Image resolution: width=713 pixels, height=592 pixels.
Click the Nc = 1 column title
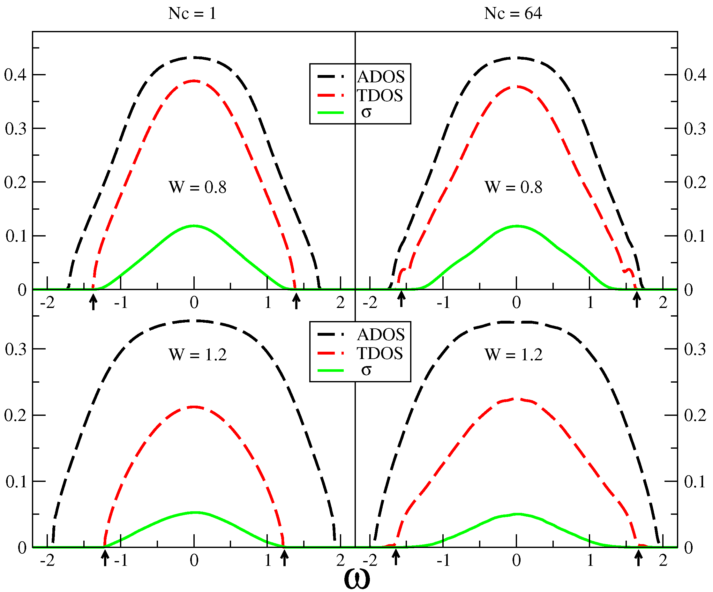coord(192,14)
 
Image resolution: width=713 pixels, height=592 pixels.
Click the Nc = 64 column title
coord(513,14)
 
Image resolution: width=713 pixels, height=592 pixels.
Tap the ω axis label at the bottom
coord(356,579)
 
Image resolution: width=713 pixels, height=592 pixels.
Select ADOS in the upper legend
coord(381,77)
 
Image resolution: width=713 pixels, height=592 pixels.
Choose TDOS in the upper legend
coord(379,95)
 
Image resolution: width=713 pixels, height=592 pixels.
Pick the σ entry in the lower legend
coord(366,370)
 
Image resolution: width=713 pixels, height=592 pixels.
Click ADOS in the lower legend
coord(381,335)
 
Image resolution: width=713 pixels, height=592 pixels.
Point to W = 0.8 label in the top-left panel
coord(197,187)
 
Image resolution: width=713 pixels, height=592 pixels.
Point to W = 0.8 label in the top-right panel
coord(513,187)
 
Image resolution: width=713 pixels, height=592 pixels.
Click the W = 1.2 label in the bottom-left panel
coord(198,355)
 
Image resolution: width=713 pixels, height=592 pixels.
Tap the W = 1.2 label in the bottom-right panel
coord(513,355)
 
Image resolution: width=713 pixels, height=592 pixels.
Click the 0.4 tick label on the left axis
coord(15,75)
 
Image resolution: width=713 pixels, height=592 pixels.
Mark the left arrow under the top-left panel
coord(94,302)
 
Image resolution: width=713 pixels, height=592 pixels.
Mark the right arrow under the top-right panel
coord(637,300)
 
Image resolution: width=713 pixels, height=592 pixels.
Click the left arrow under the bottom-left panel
coord(105,558)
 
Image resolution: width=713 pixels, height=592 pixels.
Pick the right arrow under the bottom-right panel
coord(639,558)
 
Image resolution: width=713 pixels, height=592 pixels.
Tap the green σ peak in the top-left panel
coord(194,226)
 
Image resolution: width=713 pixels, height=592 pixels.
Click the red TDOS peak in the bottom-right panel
coord(517,399)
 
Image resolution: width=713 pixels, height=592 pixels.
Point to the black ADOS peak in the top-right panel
coord(516,58)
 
